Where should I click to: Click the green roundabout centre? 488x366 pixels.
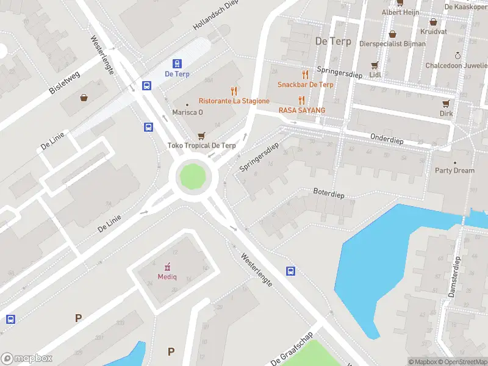192,177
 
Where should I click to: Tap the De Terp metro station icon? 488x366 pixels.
177,63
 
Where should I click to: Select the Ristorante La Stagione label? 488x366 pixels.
234,101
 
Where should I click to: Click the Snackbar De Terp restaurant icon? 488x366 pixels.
305,74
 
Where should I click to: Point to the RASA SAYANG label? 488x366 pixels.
301,110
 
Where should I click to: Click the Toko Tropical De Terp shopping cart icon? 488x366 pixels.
201,135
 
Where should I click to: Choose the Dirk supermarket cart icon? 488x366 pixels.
447,103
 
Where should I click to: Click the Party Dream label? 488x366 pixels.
454,170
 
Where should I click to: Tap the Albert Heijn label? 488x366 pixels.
400,12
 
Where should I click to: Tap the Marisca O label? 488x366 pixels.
187,112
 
